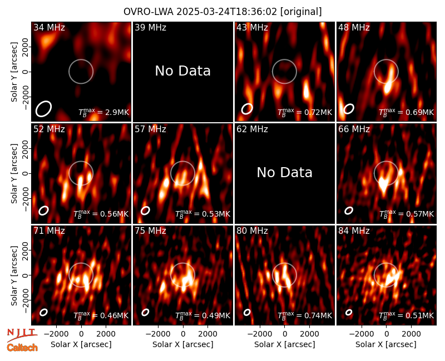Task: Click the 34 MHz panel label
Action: (49, 27)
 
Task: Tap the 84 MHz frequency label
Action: (354, 231)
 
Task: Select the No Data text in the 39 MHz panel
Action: (183, 71)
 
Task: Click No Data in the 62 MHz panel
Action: (285, 173)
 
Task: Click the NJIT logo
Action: (22, 334)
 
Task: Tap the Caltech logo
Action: (22, 348)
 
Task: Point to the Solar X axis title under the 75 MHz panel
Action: (183, 344)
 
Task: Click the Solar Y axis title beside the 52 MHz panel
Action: (14, 173)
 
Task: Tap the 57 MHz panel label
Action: (150, 129)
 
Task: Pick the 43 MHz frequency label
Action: (253, 27)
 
